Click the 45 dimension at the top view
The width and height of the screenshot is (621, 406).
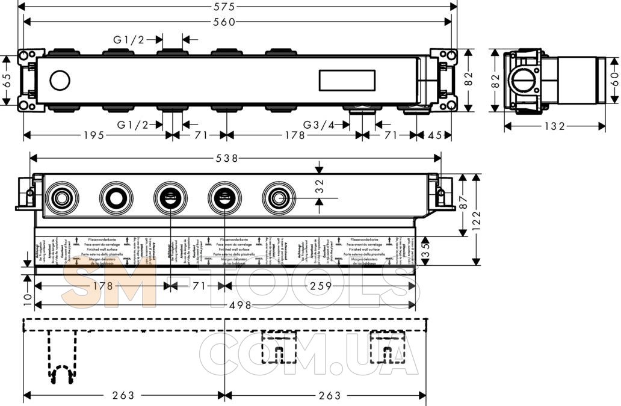click(x=438, y=135)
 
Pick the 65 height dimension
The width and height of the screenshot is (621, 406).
click(x=7, y=81)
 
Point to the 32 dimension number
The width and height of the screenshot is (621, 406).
click(x=320, y=186)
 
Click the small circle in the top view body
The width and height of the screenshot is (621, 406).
click(x=60, y=80)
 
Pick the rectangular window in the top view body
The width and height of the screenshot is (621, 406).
click(x=348, y=80)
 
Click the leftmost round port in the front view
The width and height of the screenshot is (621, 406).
click(x=61, y=197)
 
